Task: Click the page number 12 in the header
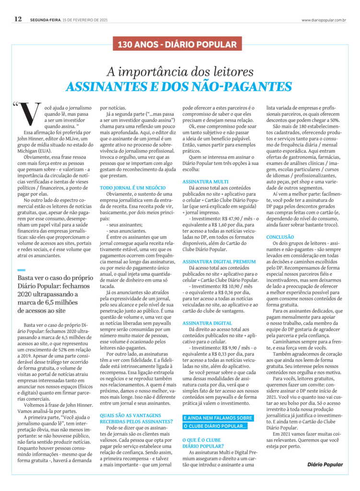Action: click(x=18, y=19)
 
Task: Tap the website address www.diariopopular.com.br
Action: click(x=324, y=20)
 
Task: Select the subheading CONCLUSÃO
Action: click(x=280, y=237)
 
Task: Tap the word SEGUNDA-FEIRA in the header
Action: click(x=45, y=20)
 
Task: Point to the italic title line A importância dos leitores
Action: click(x=180, y=72)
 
